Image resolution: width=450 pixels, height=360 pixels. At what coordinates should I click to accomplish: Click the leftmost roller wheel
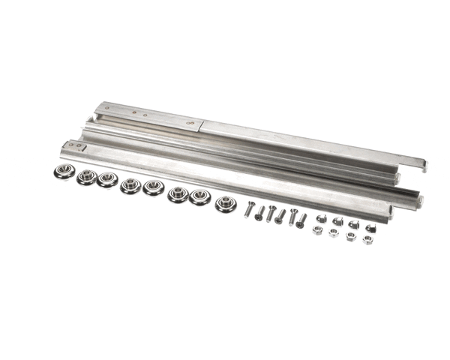[x=65, y=172]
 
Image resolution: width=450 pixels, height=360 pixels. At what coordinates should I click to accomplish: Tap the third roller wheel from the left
[x=107, y=181]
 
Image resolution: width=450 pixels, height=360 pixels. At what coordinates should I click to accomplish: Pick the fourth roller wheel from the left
[x=130, y=185]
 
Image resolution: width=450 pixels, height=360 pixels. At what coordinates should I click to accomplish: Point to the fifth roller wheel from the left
[x=153, y=187]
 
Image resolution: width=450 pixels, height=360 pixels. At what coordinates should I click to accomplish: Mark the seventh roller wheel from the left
[x=199, y=197]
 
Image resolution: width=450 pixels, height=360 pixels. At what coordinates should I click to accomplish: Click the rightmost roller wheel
[x=225, y=203]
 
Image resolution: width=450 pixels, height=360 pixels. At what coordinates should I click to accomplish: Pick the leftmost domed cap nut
[x=321, y=218]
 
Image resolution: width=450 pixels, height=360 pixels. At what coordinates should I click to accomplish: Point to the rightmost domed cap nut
[x=370, y=227]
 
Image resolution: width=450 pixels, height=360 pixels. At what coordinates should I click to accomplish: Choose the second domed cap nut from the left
[x=337, y=221]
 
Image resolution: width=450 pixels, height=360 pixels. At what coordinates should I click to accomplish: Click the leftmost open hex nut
[x=317, y=230]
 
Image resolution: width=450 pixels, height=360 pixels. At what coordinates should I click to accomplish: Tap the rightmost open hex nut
[x=367, y=239]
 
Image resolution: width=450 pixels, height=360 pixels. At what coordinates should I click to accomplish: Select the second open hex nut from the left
[x=333, y=232]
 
